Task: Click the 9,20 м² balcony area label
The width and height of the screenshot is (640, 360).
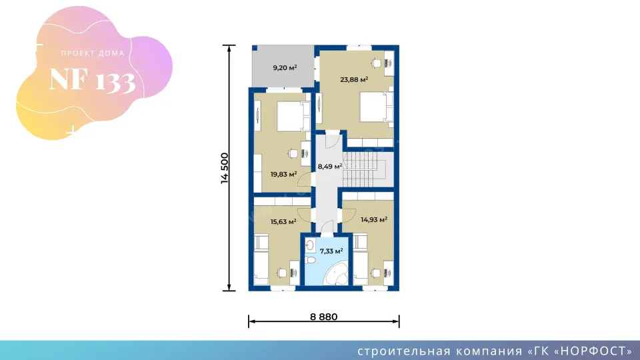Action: pyautogui.click(x=285, y=68)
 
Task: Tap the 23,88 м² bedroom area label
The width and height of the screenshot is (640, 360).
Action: pyautogui.click(x=354, y=79)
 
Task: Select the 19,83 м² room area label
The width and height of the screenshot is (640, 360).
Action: pyautogui.click(x=284, y=174)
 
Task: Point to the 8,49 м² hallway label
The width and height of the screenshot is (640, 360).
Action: pyautogui.click(x=330, y=167)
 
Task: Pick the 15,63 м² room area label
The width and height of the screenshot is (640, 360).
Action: pyautogui.click(x=283, y=222)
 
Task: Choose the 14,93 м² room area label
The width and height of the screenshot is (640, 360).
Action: pyautogui.click(x=374, y=220)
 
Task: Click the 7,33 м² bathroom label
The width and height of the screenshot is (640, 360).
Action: pyautogui.click(x=331, y=251)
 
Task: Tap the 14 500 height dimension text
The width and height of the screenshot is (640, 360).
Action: pyautogui.click(x=225, y=168)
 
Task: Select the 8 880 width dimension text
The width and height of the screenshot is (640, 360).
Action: pyautogui.click(x=324, y=317)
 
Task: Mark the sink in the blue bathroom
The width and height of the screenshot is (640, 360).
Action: pyautogui.click(x=310, y=245)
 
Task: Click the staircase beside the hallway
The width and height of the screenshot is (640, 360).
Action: pyautogui.click(x=365, y=169)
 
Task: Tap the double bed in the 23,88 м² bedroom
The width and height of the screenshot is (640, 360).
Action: pyautogui.click(x=376, y=107)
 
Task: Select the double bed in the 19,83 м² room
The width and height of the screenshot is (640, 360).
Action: pyautogui.click(x=293, y=116)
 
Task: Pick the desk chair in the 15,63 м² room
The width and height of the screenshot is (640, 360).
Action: pyautogui.click(x=281, y=273)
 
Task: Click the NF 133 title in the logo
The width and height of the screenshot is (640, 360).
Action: pyautogui.click(x=92, y=80)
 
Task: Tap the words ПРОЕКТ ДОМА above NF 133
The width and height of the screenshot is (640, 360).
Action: pyautogui.click(x=93, y=53)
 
